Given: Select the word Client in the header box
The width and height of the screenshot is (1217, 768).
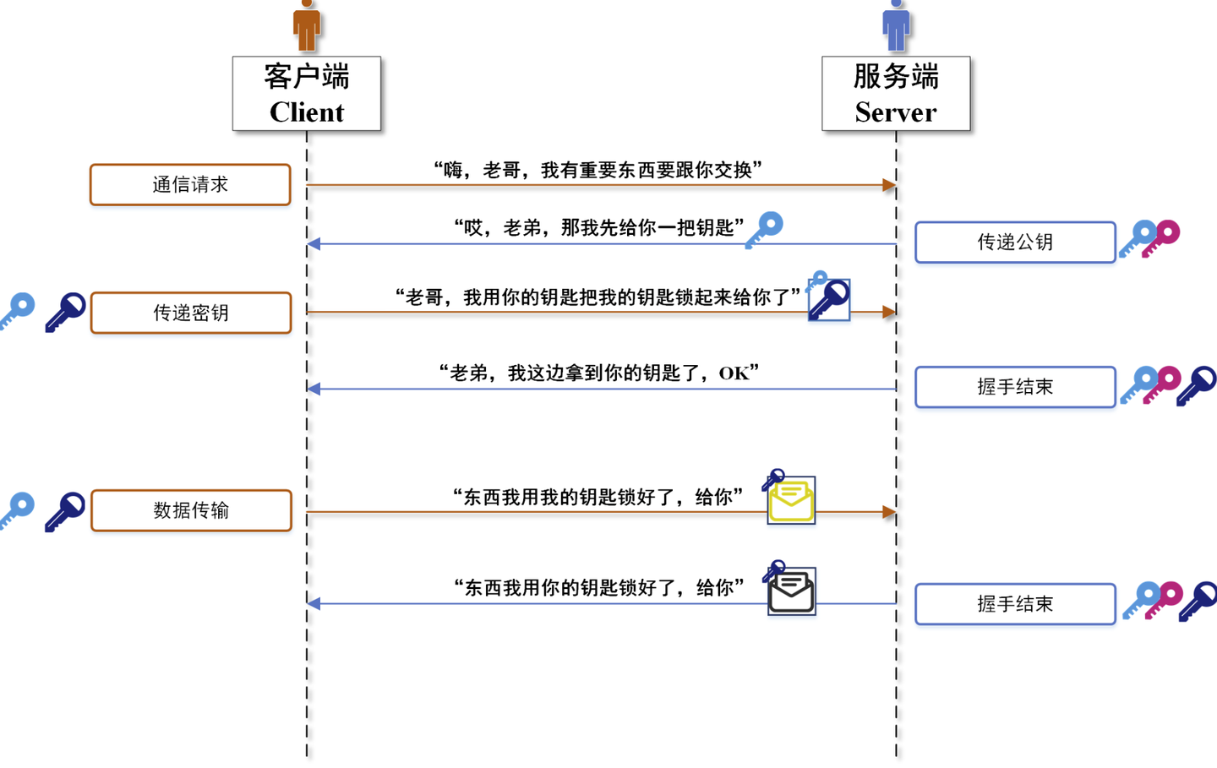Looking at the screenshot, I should click(307, 112).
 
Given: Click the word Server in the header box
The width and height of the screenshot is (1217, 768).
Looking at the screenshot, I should click(896, 112).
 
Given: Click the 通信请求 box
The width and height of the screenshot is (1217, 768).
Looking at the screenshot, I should click(190, 185).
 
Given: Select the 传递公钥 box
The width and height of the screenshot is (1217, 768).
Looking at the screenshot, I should click(1015, 242).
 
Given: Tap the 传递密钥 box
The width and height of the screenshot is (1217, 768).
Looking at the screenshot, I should click(191, 313).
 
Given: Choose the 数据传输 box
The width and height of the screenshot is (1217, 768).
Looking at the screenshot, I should click(191, 510).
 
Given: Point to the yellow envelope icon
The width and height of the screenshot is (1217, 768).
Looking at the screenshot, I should click(792, 501).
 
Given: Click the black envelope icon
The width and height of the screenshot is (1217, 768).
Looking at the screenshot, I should click(792, 592).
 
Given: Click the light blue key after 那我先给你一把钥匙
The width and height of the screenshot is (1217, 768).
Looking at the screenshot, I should click(765, 229).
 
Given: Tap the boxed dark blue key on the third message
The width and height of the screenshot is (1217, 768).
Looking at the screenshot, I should click(830, 300).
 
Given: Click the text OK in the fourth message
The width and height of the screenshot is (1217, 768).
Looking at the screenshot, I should click(734, 373).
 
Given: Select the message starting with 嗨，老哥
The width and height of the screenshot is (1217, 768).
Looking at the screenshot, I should click(598, 171).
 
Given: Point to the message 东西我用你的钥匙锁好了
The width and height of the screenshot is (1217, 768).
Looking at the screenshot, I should click(598, 588).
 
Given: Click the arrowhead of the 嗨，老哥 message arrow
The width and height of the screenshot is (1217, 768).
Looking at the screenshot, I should click(889, 185).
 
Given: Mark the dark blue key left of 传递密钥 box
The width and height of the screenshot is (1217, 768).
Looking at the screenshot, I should click(66, 312).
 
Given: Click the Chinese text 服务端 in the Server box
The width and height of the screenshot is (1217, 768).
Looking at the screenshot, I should click(896, 77).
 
